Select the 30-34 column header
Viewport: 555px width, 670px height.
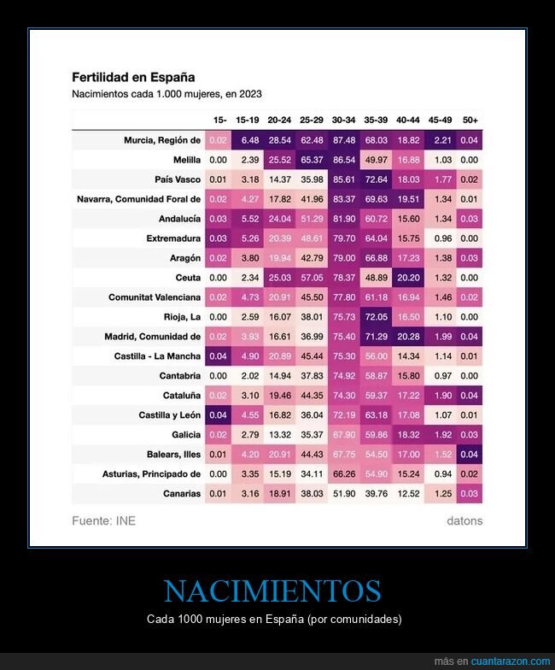[x=344, y=120]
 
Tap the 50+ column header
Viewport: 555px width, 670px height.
[x=469, y=120]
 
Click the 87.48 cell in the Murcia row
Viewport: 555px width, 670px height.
[x=344, y=140]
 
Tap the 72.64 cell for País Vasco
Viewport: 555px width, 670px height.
[x=376, y=179]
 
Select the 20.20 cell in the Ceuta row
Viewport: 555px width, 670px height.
[x=406, y=278]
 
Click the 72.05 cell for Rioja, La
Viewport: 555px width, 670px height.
[x=376, y=317]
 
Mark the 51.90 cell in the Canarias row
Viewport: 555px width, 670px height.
[x=344, y=493]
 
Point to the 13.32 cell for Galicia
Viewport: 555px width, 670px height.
[x=281, y=434]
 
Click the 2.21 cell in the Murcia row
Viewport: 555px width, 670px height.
[x=438, y=140]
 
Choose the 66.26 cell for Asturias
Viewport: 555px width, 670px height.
[x=344, y=473]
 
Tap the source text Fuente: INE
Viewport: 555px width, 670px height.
[x=103, y=520]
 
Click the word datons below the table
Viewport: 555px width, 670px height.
[x=464, y=520]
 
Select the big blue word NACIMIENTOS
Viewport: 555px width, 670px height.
[x=272, y=591]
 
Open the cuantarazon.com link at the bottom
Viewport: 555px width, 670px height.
[x=504, y=661]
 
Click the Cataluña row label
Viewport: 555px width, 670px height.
[x=181, y=395]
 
